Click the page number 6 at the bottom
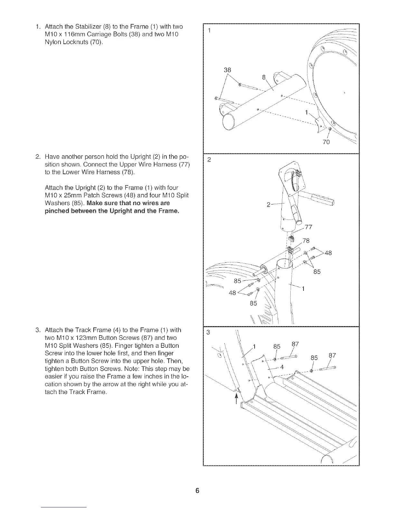pyautogui.click(x=197, y=491)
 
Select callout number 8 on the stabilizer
pyautogui.click(x=264, y=77)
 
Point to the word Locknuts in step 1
pyautogui.click(x=73, y=42)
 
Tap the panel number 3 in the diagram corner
pyautogui.click(x=208, y=333)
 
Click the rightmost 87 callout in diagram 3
pyautogui.click(x=333, y=356)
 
